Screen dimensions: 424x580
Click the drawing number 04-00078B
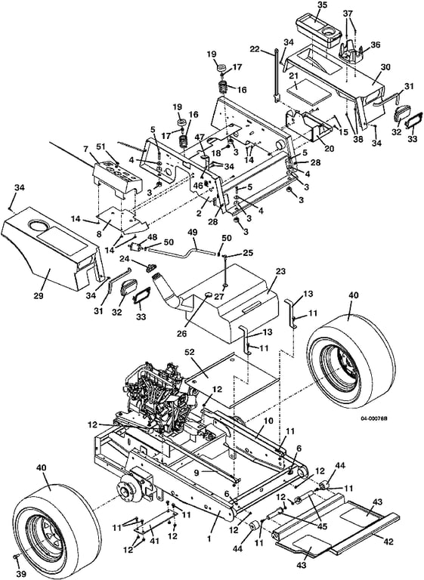(371, 418)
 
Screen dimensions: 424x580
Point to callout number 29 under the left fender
(39, 296)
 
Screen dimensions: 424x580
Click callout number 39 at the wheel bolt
(21, 574)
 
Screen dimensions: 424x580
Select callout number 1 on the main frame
(209, 539)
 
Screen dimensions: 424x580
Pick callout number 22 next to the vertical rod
(265, 49)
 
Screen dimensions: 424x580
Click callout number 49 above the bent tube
(192, 233)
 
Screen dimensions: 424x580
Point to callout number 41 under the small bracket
(154, 541)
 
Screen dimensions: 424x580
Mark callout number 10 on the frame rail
(268, 421)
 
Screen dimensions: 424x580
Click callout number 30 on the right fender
(375, 67)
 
